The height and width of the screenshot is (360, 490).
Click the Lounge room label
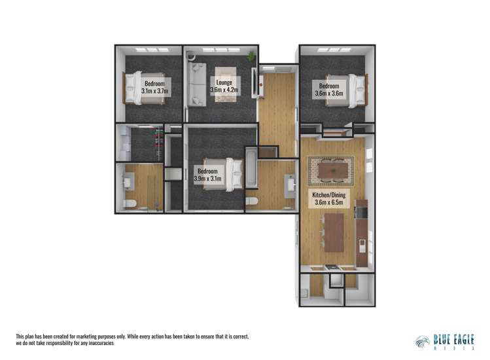221,82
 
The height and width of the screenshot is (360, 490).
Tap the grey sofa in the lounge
196,85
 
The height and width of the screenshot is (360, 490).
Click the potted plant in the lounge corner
251,58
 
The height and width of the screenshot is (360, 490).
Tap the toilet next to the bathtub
252,201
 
